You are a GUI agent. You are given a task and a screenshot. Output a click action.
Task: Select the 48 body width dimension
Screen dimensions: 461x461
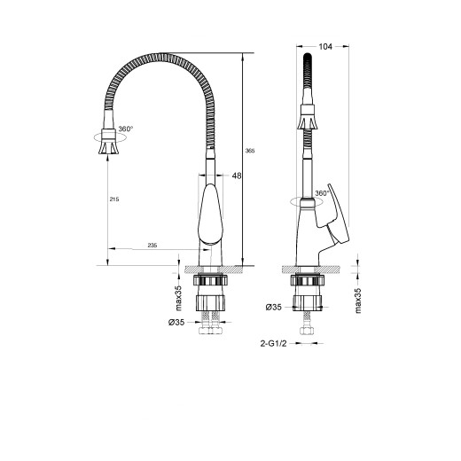point(237,176)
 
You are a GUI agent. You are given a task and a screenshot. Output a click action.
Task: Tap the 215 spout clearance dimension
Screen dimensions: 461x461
point(113,199)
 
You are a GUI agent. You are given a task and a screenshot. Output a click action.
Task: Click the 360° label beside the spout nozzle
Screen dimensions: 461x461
point(125,129)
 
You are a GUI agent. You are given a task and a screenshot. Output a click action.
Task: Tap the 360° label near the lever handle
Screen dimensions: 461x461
point(320,193)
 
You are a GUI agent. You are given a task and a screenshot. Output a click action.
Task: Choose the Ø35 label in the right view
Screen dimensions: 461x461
point(274,308)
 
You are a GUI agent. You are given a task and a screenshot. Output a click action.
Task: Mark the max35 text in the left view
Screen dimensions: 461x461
point(178,291)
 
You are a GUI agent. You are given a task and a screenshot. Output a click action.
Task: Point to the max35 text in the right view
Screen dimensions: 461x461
point(359,299)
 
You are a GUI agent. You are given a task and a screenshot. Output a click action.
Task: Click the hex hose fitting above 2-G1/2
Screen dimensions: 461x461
point(308,334)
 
